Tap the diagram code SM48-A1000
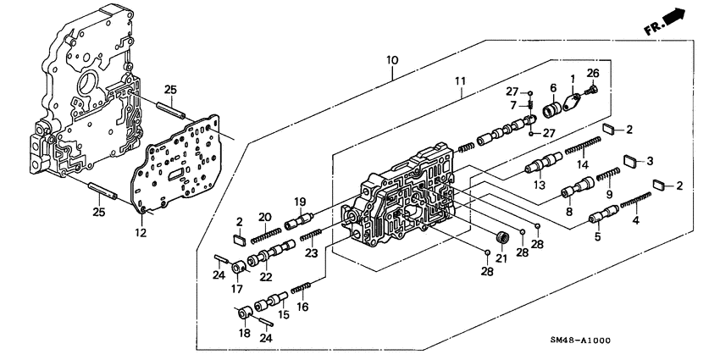pyautogui.click(x=579, y=341)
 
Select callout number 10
pyautogui.click(x=391, y=60)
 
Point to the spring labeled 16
pyautogui.click(x=302, y=289)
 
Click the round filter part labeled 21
pyautogui.click(x=501, y=237)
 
